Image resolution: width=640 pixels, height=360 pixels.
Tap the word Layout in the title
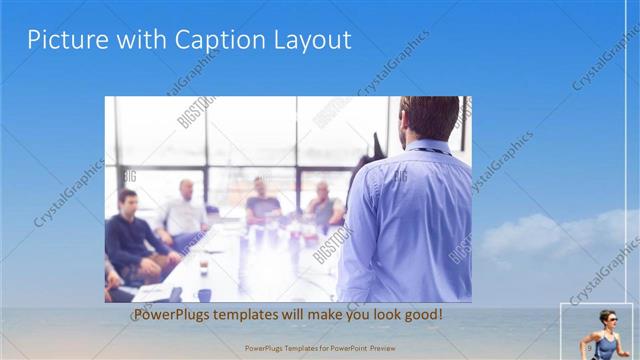[311, 40]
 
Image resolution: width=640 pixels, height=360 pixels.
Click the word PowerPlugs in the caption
[171, 315]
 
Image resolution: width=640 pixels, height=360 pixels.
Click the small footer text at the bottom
[319, 348]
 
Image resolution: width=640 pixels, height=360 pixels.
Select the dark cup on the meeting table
[203, 268]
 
